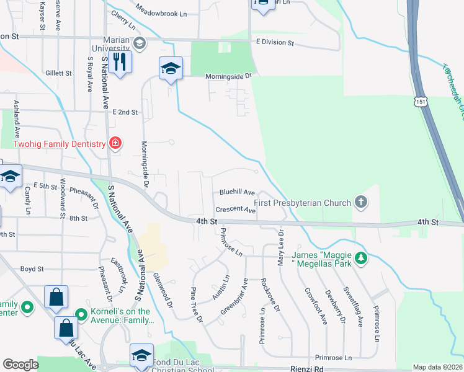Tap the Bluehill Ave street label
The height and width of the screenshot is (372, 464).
(238, 193)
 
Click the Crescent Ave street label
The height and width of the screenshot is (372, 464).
(236, 210)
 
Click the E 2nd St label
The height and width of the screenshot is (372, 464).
(125, 112)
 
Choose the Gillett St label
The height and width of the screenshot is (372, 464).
(59, 73)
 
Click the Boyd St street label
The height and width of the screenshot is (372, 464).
(32, 269)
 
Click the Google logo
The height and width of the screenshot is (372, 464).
(20, 365)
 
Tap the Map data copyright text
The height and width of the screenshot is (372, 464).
(437, 367)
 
